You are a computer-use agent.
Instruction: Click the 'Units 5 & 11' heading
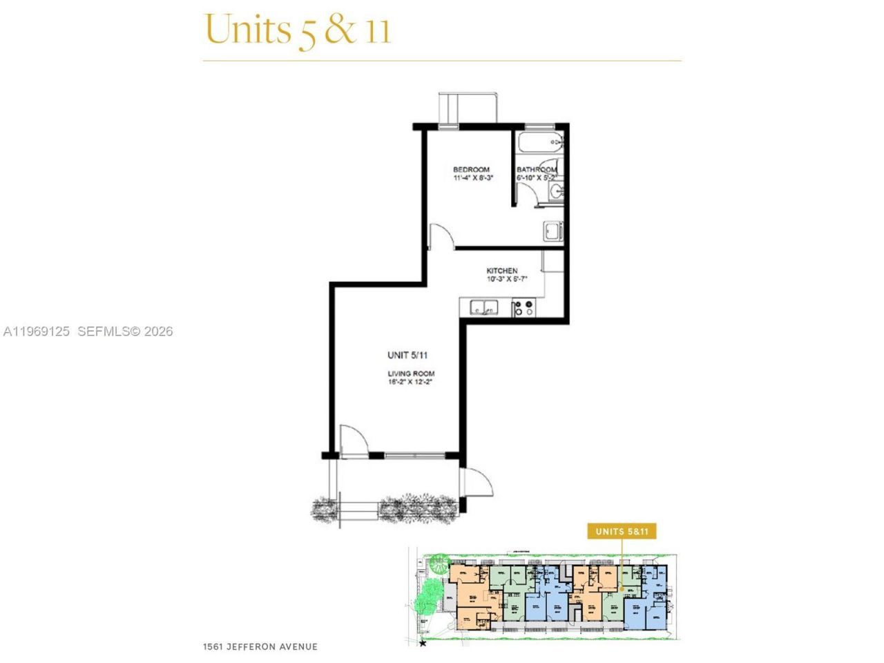[x=298, y=29]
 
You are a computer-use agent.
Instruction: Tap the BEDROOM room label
[x=471, y=169]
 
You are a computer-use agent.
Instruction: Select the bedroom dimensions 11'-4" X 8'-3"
[x=473, y=178]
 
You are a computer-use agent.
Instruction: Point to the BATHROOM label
[x=537, y=169]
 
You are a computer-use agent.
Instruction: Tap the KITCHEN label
[x=502, y=271]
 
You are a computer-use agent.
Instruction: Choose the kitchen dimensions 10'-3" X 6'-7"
[x=507, y=280]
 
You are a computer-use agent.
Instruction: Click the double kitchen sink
[x=483, y=307]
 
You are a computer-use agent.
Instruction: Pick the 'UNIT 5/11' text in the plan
[x=407, y=355]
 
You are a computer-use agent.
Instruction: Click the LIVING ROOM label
[x=410, y=374]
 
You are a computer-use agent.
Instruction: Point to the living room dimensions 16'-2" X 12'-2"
[x=410, y=382]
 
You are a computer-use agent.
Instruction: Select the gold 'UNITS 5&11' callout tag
[x=621, y=531]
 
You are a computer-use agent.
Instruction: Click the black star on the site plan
[x=423, y=644]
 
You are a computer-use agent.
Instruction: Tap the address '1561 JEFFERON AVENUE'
[x=260, y=647]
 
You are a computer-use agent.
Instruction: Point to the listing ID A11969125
[x=36, y=331]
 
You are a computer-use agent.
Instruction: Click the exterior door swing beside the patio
[x=477, y=481]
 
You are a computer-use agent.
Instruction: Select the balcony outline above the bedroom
[x=469, y=108]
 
